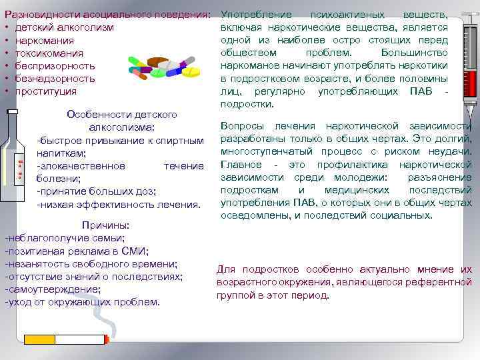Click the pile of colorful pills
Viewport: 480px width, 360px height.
point(163,67)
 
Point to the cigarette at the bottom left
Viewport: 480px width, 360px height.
point(67,339)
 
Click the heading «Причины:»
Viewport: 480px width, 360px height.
point(105,225)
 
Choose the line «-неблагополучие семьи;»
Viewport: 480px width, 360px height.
point(65,238)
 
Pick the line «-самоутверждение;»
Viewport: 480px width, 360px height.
point(53,289)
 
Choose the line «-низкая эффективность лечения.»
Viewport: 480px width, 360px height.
point(119,204)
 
